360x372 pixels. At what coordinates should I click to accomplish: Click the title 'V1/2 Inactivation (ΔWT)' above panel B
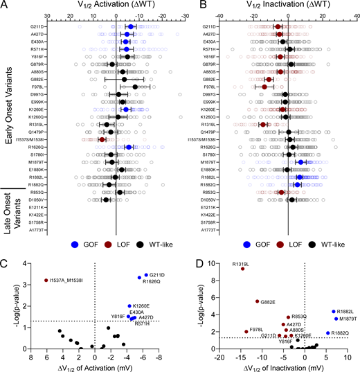270,5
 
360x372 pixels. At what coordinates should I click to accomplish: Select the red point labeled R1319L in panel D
243,269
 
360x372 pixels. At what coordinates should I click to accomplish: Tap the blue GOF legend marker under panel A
76,245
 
